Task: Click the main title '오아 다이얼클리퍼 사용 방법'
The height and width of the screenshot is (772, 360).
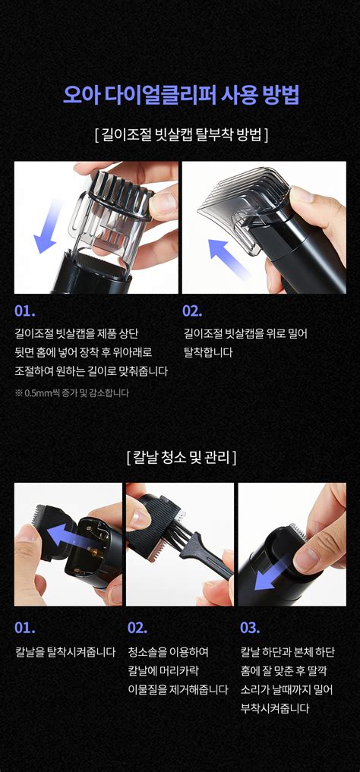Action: coord(181,95)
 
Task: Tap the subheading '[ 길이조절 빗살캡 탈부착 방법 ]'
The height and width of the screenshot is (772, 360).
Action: coord(181,134)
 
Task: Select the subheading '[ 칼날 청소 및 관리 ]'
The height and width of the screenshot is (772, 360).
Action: coord(181,458)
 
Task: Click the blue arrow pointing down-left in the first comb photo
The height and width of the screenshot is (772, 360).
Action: coord(48,226)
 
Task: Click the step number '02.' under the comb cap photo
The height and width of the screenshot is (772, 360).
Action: coord(193,311)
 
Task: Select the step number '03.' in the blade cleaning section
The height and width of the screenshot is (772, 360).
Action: coord(250,628)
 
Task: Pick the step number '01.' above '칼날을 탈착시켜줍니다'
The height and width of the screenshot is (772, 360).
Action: coord(24,628)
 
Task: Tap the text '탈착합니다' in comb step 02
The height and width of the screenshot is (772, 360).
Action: coord(208,352)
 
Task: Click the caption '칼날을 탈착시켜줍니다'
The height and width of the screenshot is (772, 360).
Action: coord(65,652)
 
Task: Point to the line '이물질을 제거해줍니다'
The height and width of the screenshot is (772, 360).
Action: coord(178,689)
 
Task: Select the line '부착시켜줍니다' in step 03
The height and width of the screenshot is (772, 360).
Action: coord(275,708)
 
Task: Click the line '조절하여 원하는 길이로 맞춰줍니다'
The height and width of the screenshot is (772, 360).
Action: coord(91,371)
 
